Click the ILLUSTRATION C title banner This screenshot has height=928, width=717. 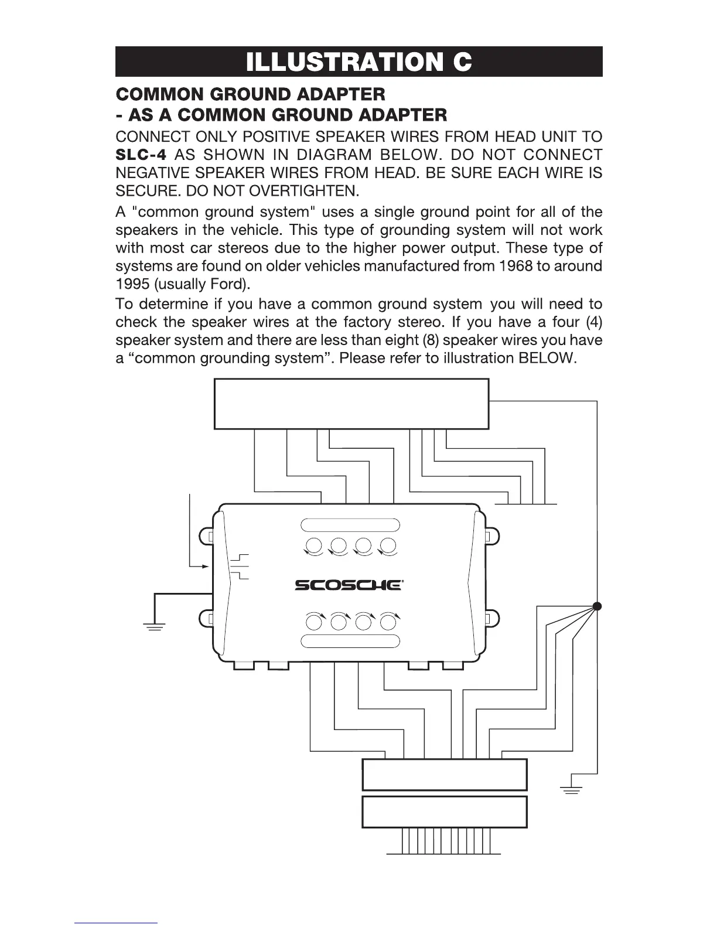(358, 62)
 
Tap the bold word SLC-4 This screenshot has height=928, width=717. (141, 155)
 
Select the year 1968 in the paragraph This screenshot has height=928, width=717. (515, 266)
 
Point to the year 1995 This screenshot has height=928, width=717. (131, 285)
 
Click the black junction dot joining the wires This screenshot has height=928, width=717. (597, 606)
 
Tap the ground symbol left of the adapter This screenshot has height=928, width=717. (154, 627)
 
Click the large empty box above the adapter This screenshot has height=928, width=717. (351, 404)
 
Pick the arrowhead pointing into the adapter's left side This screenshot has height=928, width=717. (205, 567)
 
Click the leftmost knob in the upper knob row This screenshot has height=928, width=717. (314, 545)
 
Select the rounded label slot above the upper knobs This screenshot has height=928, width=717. (350, 524)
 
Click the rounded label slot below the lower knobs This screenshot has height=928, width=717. (350, 641)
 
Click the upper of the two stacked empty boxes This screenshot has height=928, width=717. (445, 775)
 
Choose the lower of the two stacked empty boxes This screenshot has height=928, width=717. (445, 811)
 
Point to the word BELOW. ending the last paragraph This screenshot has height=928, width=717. (548, 358)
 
